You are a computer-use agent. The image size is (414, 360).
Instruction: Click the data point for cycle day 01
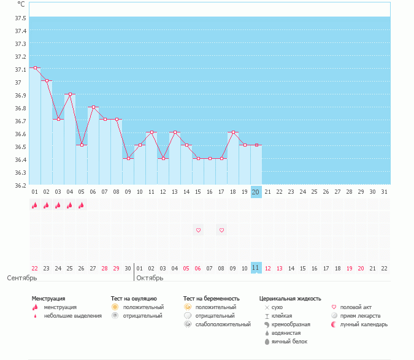click(35, 68)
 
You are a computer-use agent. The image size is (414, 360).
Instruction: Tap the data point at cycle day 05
click(82, 145)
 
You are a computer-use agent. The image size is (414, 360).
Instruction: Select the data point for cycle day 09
click(128, 158)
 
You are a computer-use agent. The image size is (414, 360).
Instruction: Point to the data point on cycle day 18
click(233, 132)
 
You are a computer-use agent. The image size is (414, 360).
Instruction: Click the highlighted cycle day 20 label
click(256, 192)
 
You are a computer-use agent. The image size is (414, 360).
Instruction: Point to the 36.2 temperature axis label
click(20, 185)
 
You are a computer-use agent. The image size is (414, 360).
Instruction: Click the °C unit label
click(21, 4)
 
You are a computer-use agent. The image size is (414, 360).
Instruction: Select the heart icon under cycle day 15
click(198, 230)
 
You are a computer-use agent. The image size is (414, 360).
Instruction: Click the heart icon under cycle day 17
click(221, 230)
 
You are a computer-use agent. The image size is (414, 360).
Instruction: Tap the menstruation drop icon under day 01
click(35, 206)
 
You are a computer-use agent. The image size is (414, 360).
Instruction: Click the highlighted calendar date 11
click(256, 268)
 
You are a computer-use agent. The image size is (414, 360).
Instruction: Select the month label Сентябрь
click(22, 278)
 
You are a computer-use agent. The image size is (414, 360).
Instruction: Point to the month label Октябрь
click(150, 278)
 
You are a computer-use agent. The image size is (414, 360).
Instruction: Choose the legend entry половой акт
click(356, 307)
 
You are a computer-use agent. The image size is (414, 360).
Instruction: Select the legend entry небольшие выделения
click(72, 315)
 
